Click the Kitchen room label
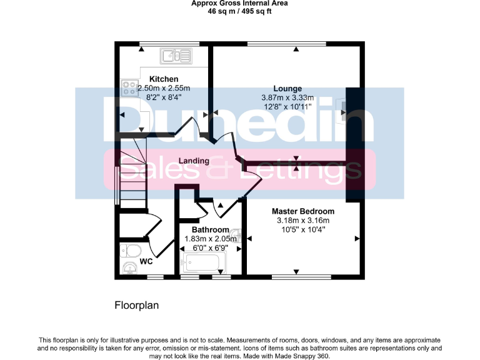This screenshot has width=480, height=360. pyautogui.click(x=164, y=79)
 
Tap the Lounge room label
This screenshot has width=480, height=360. pyautogui.click(x=287, y=88)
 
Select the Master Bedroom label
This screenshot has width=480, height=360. pyautogui.click(x=303, y=211)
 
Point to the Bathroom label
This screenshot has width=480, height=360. pyautogui.click(x=210, y=230)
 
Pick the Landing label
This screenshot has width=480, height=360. pyautogui.click(x=194, y=161)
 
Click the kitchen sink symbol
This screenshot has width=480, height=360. pyautogui.click(x=177, y=57)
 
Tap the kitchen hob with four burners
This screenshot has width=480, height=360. pyautogui.click(x=129, y=88)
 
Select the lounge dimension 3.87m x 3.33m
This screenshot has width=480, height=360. pyautogui.click(x=287, y=97)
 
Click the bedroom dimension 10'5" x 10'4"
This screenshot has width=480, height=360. pyautogui.click(x=303, y=229)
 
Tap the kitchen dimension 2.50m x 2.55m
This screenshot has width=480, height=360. pyautogui.click(x=164, y=88)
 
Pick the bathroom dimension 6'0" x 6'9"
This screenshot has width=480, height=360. pyautogui.click(x=206, y=248)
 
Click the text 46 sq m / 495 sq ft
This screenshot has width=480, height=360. pyautogui.click(x=239, y=11)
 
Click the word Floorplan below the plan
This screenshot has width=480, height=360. pyautogui.click(x=137, y=306)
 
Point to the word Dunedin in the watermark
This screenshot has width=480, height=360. pyautogui.click(x=237, y=119)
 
